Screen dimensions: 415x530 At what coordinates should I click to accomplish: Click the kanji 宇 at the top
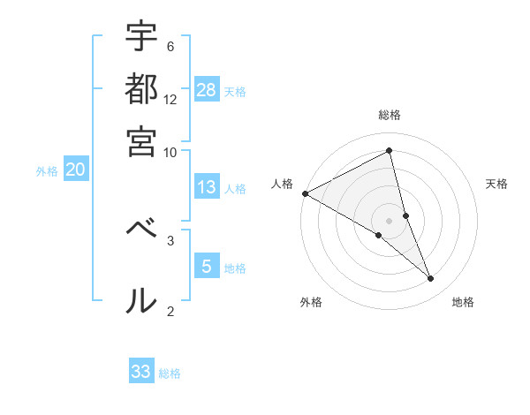[141, 37]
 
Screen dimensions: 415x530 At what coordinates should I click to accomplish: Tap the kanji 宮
[141, 142]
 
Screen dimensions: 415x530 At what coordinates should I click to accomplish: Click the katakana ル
[141, 301]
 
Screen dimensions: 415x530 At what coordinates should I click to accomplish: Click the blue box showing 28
[207, 89]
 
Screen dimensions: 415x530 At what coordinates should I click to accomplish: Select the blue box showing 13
[207, 187]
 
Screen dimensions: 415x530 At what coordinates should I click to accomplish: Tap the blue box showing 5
[207, 266]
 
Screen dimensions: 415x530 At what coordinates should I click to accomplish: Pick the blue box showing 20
[75, 170]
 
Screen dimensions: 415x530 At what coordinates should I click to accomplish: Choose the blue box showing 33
[141, 372]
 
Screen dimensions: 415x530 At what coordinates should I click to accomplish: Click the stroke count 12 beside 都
[170, 99]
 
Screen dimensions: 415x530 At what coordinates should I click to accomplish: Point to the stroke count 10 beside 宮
[170, 152]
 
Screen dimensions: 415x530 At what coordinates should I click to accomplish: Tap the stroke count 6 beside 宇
[170, 46]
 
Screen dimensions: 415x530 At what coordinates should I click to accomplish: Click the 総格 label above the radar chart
[390, 115]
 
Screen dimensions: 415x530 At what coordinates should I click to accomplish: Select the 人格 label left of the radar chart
[283, 184]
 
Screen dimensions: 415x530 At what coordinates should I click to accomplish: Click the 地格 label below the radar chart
[463, 302]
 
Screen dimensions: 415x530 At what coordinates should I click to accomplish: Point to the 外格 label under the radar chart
[311, 302]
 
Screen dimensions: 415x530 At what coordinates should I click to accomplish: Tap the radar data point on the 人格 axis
[305, 193]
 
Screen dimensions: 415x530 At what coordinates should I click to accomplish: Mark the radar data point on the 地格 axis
[431, 279]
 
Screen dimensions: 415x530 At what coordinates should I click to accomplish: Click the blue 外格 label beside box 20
[47, 171]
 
